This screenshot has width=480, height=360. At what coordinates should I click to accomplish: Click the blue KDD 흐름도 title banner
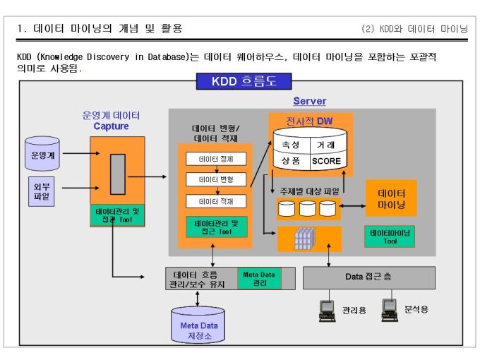244,81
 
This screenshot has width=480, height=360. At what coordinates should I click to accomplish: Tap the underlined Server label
309,101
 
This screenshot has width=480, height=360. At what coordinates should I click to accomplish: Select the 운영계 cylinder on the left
42,154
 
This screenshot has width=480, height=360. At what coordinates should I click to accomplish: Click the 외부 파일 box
42,191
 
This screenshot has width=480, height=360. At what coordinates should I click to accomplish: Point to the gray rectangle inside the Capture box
118,174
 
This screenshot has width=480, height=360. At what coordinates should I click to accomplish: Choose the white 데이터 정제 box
216,159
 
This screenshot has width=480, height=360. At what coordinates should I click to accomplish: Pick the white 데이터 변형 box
216,179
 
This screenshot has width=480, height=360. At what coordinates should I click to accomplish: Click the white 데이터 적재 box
216,201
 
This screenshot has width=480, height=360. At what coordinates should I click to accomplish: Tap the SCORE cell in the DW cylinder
326,161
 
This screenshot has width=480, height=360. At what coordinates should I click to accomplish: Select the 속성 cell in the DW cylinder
291,145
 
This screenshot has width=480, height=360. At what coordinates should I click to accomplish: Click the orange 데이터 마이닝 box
391,198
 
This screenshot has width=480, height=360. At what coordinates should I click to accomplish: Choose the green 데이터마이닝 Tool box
390,236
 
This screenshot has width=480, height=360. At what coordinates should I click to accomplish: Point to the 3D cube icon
305,239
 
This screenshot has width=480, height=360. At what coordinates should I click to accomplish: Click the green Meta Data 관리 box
259,279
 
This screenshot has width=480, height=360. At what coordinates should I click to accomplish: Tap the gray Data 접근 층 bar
369,277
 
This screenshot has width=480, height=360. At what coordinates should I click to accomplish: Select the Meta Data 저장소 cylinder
198,325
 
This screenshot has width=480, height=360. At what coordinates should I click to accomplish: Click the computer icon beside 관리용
328,311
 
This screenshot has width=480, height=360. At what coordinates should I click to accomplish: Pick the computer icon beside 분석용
390,310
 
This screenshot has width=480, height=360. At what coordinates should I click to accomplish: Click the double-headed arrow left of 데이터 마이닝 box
352,206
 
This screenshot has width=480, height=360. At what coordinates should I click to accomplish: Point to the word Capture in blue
111,126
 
